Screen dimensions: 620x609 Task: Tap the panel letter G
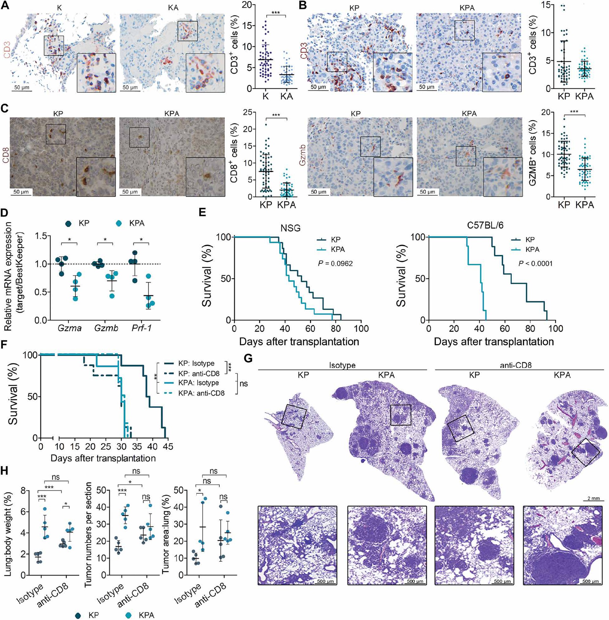click(248, 359)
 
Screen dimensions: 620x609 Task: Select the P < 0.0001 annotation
click(535, 264)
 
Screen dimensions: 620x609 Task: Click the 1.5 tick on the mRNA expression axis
click(41, 236)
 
